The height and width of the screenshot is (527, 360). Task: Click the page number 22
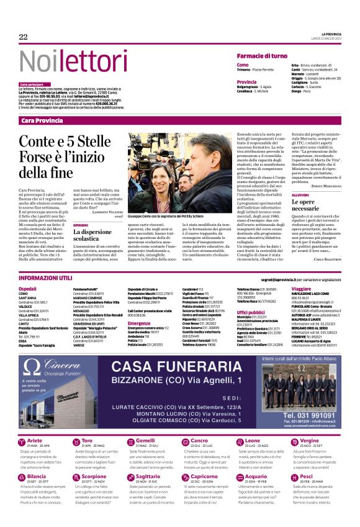(x=23, y=37)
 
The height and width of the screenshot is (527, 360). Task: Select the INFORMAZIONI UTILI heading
(x=45, y=279)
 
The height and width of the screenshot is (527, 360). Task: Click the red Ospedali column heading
(x=27, y=289)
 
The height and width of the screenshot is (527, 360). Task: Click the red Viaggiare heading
(x=301, y=289)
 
